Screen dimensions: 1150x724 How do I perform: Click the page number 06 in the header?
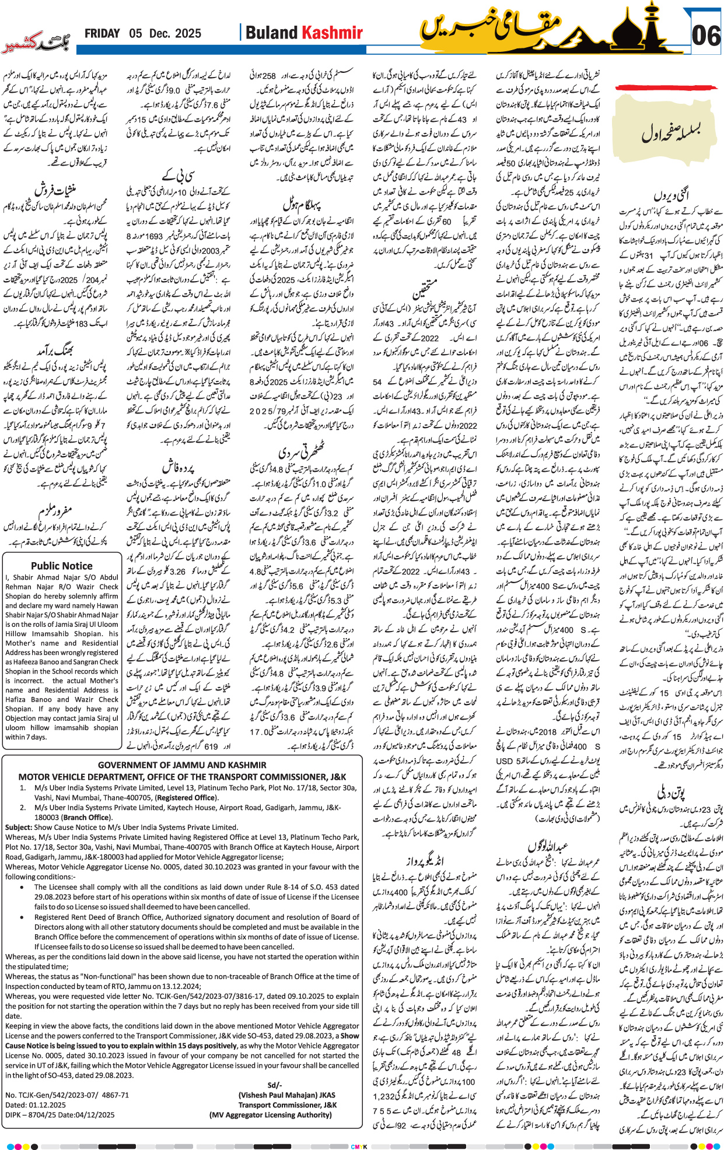[706, 36]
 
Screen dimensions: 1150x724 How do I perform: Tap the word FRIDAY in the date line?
[102, 34]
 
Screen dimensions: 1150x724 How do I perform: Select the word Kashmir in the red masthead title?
[331, 33]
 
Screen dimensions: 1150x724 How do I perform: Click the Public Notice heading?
[62, 566]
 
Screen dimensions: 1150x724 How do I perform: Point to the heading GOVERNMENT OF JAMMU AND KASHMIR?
[182, 765]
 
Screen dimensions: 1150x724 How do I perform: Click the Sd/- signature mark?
[274, 1085]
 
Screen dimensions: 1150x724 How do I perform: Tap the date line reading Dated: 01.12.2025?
[36, 1105]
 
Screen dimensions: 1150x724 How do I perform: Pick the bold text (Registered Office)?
[186, 798]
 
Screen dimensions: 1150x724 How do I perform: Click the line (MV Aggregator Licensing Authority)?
[270, 1115]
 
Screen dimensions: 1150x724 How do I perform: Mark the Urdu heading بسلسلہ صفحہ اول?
[671, 132]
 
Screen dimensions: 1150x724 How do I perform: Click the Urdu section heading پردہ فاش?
[177, 468]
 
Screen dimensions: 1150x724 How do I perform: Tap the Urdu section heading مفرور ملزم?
[55, 511]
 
